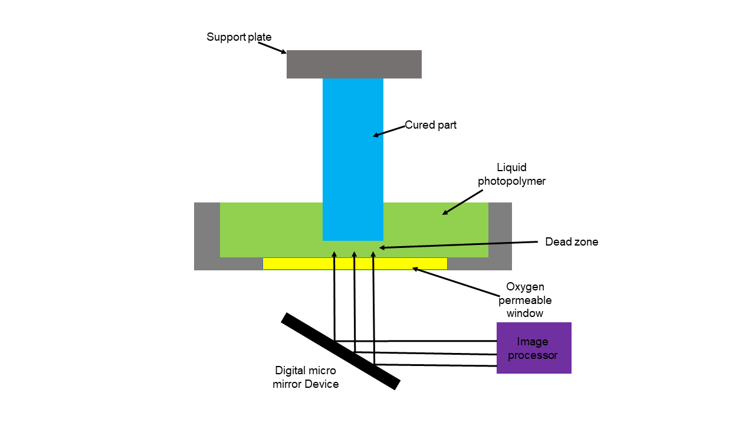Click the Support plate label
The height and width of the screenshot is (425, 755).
pyautogui.click(x=239, y=37)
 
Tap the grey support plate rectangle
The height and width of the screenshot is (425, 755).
pyautogui.click(x=354, y=64)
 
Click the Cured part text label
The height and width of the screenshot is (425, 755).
pyautogui.click(x=431, y=125)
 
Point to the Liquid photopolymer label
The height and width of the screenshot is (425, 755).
pyautogui.click(x=511, y=175)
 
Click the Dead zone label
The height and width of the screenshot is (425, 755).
pyautogui.click(x=572, y=241)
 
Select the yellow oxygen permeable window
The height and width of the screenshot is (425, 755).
pyautogui.click(x=354, y=263)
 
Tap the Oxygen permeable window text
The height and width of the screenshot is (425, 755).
pyautogui.click(x=525, y=300)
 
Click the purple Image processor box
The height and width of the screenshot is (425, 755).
pyautogui.click(x=534, y=348)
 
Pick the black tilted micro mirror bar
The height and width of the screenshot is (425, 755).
pyautogui.click(x=340, y=351)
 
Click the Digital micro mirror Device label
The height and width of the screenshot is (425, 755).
pyautogui.click(x=306, y=377)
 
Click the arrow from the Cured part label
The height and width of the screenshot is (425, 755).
pyautogui.click(x=389, y=131)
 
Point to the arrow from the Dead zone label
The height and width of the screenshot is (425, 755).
pyautogui.click(x=460, y=244)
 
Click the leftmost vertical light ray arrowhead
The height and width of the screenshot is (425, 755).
pyautogui.click(x=334, y=255)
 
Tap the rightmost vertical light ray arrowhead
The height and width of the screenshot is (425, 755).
pyautogui.click(x=373, y=255)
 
